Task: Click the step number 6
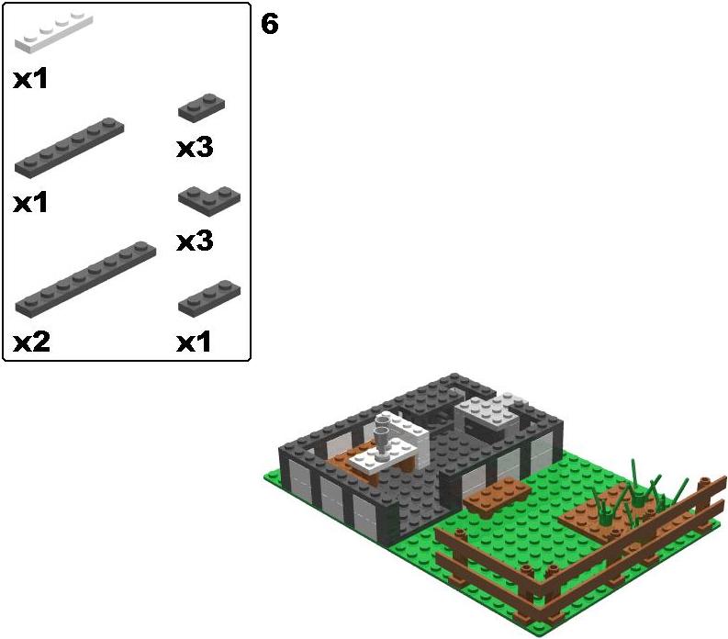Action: click(x=269, y=24)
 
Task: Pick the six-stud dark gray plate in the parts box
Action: click(x=69, y=147)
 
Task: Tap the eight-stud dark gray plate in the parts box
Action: click(x=85, y=279)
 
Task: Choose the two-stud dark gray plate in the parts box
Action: click(x=201, y=107)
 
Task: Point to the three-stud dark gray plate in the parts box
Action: click(x=209, y=298)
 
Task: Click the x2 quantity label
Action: click(x=31, y=342)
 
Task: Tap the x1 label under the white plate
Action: click(x=30, y=79)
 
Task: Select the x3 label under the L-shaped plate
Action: click(x=195, y=241)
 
